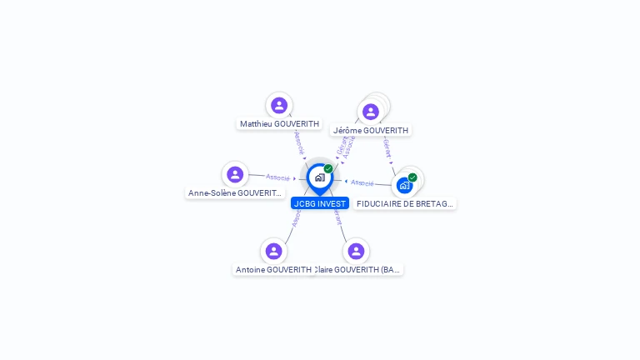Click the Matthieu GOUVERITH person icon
279,105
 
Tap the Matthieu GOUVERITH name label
279,124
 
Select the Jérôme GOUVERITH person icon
371,112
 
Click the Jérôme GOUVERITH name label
371,131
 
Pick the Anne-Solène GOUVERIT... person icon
235,174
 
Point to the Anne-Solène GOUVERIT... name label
235,193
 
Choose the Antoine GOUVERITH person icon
273,251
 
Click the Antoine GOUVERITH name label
273,270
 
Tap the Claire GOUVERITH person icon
356,251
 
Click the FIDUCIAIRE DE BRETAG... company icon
404,185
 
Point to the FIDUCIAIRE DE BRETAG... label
405,204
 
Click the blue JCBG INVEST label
320,203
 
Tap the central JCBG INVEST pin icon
319,177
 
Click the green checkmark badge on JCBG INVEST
328,169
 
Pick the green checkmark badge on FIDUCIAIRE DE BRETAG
412,177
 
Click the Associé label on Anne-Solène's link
277,177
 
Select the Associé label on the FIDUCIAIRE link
362,182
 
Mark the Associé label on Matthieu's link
299,142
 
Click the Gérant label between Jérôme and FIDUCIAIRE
387,149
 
